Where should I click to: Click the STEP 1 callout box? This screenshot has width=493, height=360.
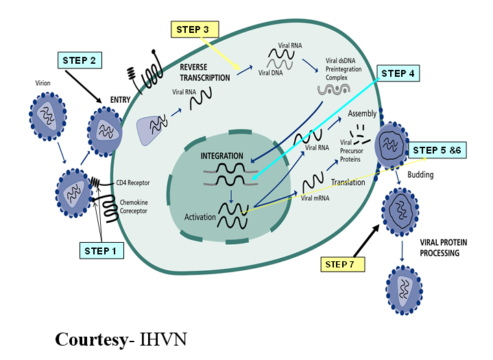point(101,251)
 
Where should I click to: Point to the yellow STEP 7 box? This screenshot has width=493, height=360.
point(345,263)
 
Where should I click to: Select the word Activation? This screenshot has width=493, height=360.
point(200,218)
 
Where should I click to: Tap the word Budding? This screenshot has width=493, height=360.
point(420,175)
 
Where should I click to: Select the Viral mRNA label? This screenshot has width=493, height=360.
point(317,197)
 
